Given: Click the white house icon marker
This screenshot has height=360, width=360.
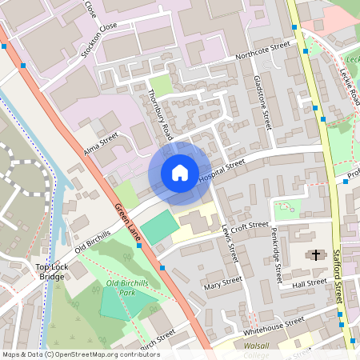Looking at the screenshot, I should point(179,173).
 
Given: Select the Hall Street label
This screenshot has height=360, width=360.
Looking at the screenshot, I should point(310,283).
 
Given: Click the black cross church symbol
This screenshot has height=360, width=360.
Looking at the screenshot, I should point(316,255).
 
